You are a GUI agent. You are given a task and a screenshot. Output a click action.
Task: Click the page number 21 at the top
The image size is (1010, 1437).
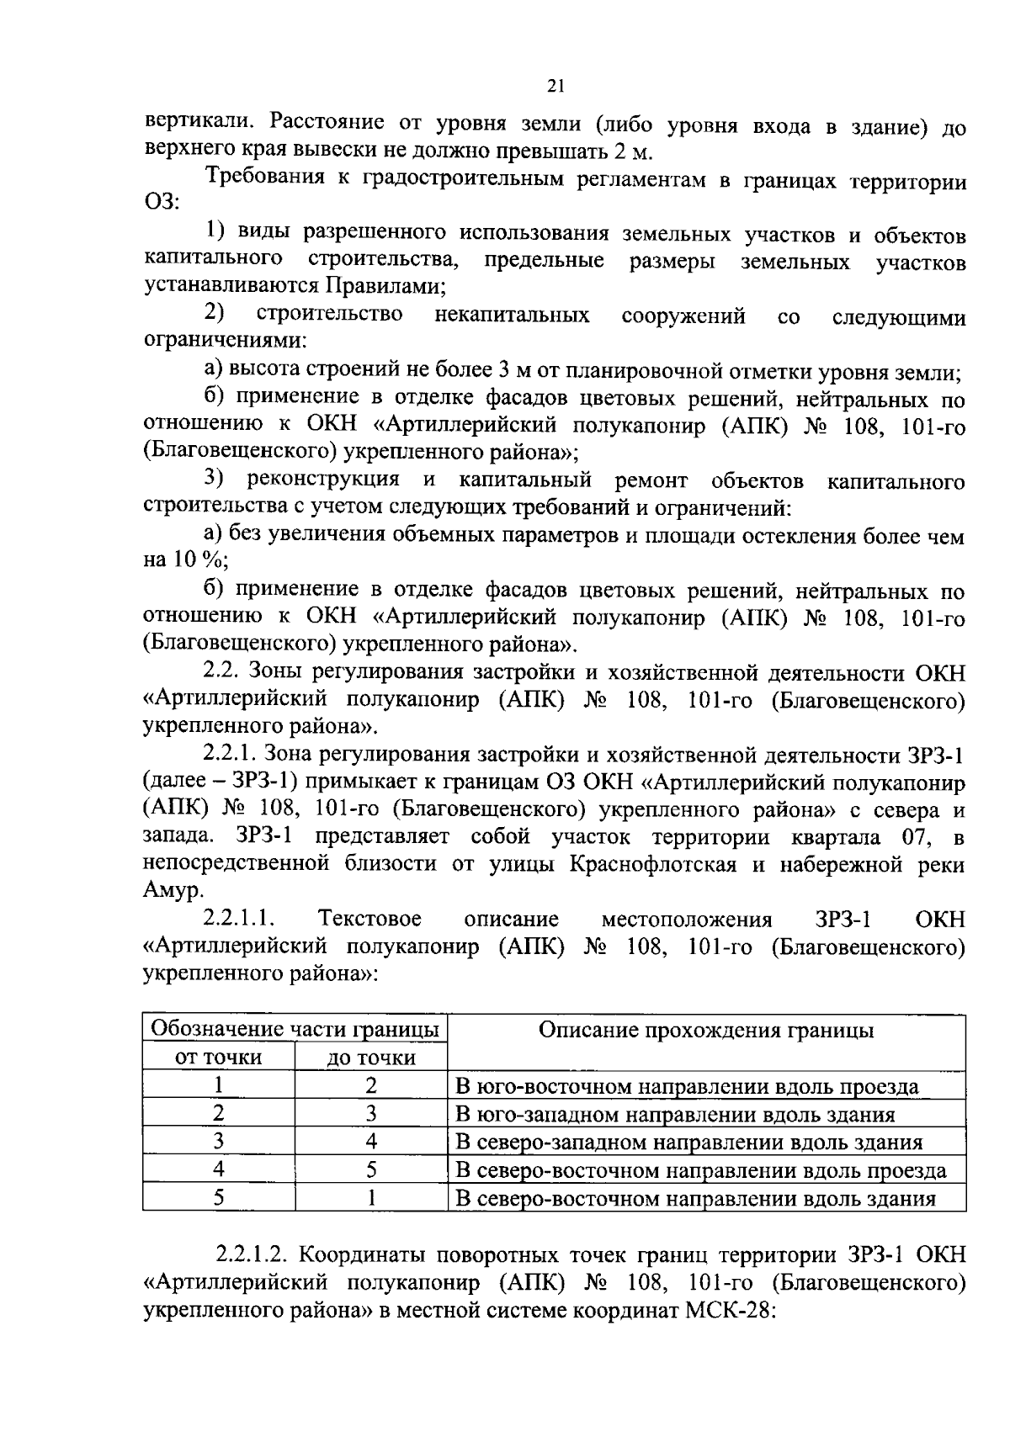[x=555, y=85]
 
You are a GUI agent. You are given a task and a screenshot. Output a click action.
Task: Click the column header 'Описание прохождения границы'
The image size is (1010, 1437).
[x=705, y=1031]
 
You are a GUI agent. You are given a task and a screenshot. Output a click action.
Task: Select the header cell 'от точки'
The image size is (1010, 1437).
[x=218, y=1058]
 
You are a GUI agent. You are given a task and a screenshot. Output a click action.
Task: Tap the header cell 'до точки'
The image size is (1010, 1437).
[x=371, y=1058]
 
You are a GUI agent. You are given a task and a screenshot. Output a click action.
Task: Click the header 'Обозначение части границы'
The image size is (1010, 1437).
[x=295, y=1029]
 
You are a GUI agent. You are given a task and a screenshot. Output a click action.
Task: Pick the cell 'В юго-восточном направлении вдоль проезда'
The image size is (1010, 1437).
[x=687, y=1086]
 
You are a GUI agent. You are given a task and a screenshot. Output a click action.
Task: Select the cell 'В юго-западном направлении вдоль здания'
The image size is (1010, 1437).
[x=674, y=1115]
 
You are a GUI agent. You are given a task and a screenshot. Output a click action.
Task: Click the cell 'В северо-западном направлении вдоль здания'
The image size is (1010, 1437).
[x=688, y=1143]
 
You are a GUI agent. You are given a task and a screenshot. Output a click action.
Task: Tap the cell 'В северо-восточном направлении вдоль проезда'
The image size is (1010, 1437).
[x=700, y=1170]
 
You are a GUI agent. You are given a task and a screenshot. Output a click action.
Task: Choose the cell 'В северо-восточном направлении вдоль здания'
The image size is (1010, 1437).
[x=695, y=1198]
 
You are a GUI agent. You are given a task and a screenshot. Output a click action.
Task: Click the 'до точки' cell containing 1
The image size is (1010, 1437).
[x=371, y=1198]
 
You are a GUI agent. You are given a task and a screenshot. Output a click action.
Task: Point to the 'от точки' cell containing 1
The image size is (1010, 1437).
[x=218, y=1086]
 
